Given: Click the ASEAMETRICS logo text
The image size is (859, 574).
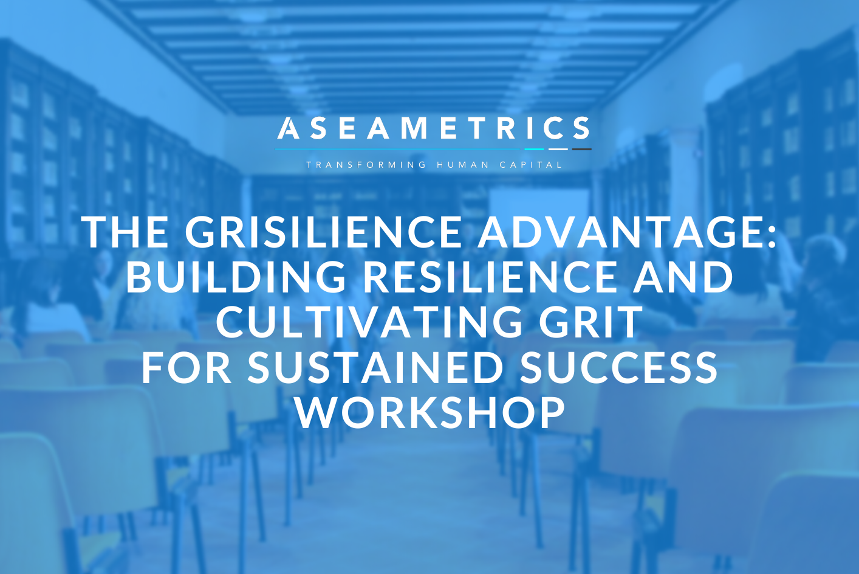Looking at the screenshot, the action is [x=433, y=128].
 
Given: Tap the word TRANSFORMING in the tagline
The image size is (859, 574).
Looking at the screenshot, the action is [x=366, y=165].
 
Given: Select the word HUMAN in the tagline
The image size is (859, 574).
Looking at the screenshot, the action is [x=463, y=165].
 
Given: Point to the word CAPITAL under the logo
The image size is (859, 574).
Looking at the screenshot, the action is [x=531, y=165].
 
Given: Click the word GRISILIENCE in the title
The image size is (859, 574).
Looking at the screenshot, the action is [x=323, y=232].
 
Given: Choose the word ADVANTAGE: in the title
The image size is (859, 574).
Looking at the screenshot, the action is [x=627, y=232].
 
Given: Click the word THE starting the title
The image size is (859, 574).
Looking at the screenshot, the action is [x=125, y=232].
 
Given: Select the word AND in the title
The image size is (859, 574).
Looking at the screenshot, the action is [x=683, y=277].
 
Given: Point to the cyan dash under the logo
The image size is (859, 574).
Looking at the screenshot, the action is [x=534, y=150].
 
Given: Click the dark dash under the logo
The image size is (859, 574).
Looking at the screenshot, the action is [x=582, y=150].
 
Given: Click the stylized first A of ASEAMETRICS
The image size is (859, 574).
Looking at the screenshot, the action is [x=289, y=128].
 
